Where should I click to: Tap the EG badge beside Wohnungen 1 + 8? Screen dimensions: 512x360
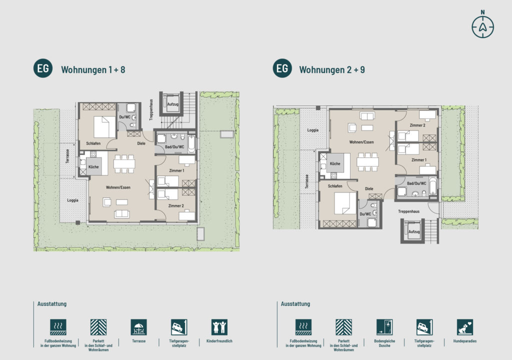[x=43, y=68]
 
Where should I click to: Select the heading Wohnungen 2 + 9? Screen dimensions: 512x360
[x=332, y=69]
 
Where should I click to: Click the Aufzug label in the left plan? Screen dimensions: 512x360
[x=172, y=104]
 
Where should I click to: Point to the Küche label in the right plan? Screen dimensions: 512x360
[x=335, y=163]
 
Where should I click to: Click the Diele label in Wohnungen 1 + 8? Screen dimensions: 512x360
[x=141, y=143]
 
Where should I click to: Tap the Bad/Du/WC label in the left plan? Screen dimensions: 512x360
[x=174, y=147]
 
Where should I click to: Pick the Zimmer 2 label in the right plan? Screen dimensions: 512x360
[x=417, y=125]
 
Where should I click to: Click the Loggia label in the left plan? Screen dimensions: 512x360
[x=72, y=200]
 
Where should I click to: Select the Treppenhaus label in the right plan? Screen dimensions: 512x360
[x=408, y=211]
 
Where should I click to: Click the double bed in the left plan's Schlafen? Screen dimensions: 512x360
[x=105, y=127]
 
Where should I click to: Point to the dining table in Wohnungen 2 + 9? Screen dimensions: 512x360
[x=367, y=161]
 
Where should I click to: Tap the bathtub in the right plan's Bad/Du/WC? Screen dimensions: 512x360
[x=433, y=186]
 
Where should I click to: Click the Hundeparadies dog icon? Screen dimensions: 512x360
[x=464, y=327]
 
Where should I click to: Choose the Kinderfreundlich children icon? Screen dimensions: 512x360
[x=219, y=327]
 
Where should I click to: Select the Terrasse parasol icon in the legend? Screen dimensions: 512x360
[x=139, y=327]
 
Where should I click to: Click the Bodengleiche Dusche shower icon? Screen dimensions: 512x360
[x=384, y=327]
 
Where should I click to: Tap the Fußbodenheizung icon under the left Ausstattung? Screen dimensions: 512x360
[x=58, y=327]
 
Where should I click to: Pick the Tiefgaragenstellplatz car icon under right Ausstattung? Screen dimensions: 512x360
[x=424, y=327]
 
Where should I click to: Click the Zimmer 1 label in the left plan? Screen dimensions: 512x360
[x=176, y=170]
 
